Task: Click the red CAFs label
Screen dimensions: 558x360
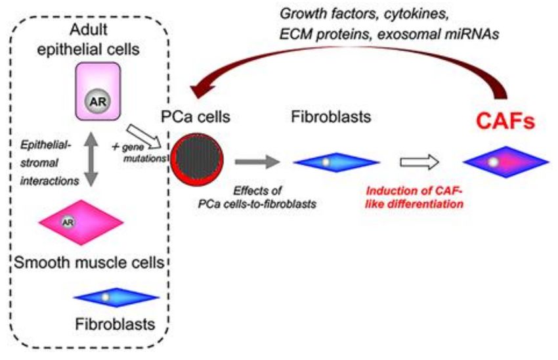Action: coord(505,121)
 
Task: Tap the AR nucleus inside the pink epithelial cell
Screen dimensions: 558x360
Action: coord(98,101)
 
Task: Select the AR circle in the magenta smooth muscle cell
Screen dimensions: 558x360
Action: coord(68,222)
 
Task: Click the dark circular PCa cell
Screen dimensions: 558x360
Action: coord(197,159)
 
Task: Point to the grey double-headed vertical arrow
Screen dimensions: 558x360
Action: coord(91,159)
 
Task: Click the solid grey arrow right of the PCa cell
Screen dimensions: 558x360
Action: coord(257,162)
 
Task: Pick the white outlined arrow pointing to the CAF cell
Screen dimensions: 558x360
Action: coord(419,162)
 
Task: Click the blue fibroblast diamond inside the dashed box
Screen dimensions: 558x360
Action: coord(116,298)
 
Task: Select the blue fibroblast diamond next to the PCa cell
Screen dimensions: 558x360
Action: coord(336,162)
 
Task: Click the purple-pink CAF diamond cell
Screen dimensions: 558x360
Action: coord(505,162)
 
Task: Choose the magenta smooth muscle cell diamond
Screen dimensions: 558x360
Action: coord(81,222)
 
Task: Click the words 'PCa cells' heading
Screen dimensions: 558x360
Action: coord(196,116)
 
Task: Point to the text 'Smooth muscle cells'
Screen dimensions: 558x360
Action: coord(89,262)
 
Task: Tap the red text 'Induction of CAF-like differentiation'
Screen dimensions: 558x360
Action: coord(414,197)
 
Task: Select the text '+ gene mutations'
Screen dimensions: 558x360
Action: coord(139,152)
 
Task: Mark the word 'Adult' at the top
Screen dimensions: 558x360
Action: coord(89,29)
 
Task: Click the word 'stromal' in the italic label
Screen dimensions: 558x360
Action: coord(39,163)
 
